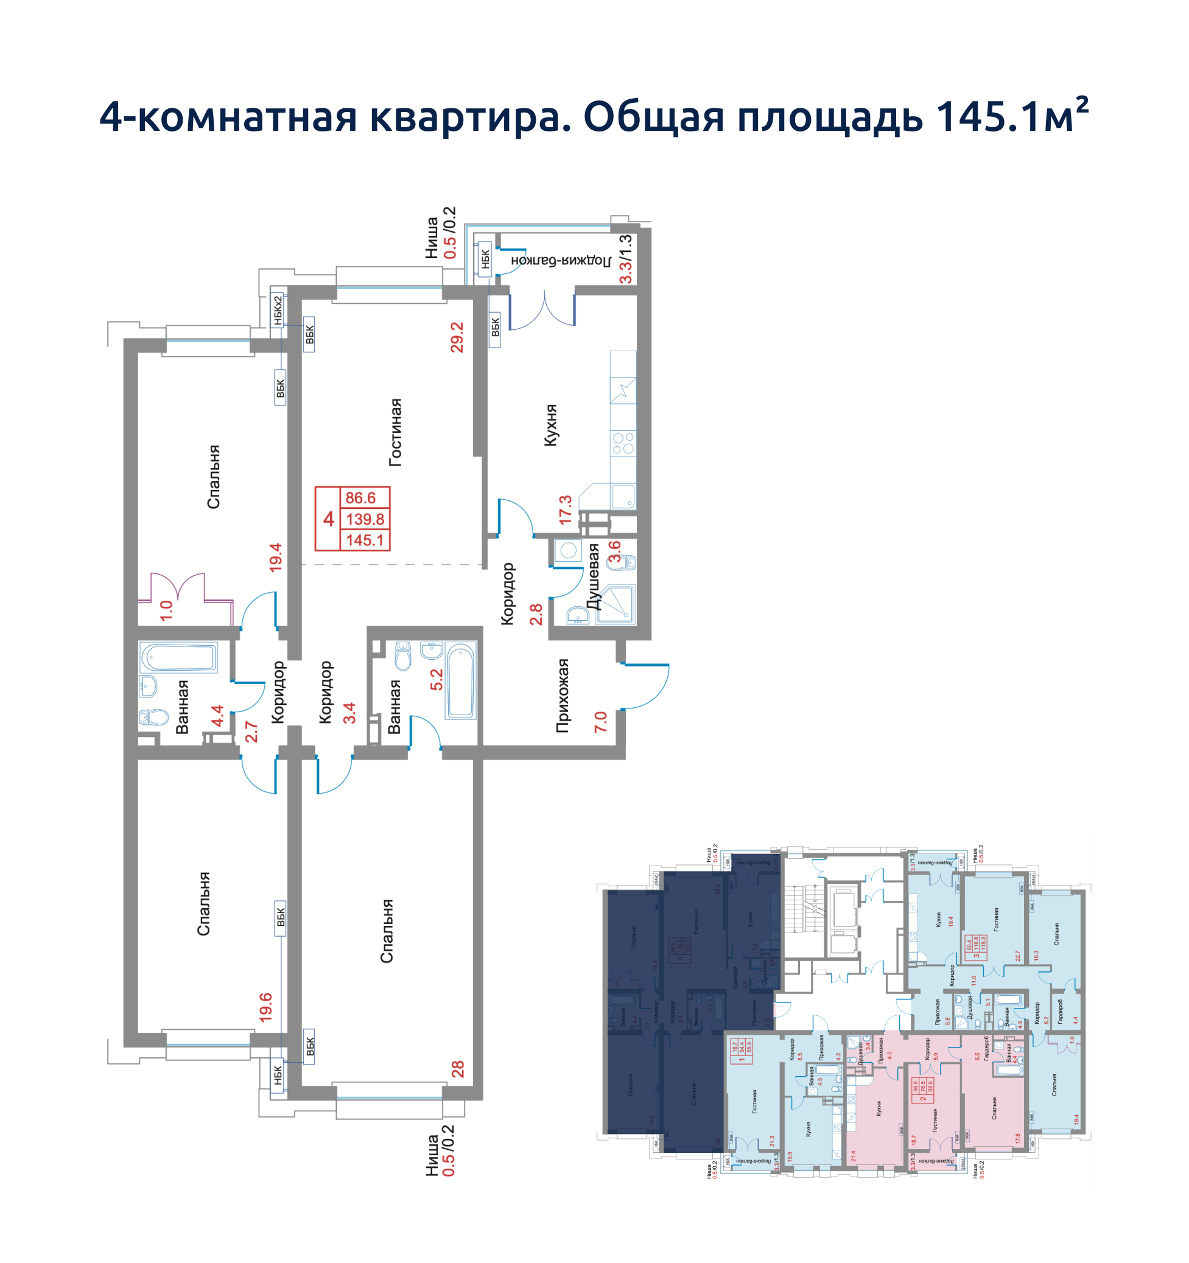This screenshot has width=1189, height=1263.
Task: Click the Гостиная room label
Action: point(395,433)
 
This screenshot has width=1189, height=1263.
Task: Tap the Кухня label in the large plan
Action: point(551,425)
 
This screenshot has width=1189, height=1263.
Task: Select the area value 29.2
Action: point(457,337)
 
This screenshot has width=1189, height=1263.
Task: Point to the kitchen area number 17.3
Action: point(565,509)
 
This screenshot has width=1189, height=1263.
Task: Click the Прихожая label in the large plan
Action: point(563,696)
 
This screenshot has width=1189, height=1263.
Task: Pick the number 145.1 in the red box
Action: point(365,540)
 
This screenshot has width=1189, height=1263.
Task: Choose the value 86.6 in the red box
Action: point(360,497)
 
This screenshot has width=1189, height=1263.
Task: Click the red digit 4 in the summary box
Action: point(329,520)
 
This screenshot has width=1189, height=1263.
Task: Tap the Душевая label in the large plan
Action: point(593,576)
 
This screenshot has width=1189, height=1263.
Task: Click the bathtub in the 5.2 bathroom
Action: point(461,680)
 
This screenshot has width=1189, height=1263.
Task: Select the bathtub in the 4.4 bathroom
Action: point(178,657)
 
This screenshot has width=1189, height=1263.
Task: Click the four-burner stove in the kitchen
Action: point(623,443)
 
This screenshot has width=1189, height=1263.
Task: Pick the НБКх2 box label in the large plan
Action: point(278,310)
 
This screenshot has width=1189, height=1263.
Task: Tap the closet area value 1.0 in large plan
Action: point(166,611)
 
